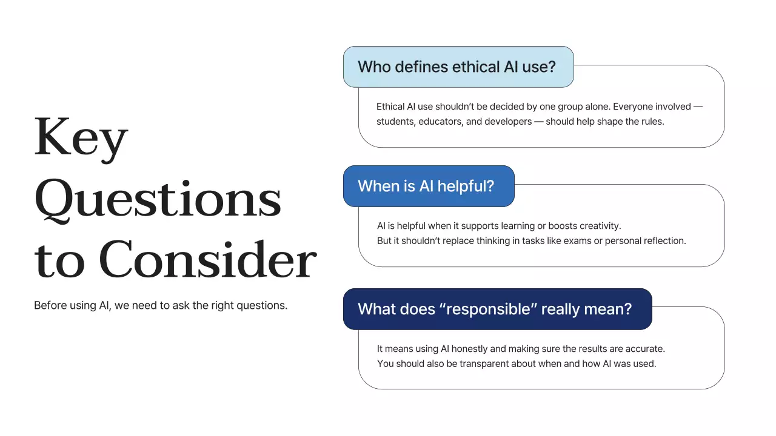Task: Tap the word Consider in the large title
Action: pyautogui.click(x=207, y=260)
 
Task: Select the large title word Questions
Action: pyautogui.click(x=158, y=199)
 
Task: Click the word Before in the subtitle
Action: pyautogui.click(x=50, y=305)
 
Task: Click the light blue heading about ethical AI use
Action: pyautogui.click(x=457, y=67)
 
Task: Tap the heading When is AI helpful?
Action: pyautogui.click(x=426, y=186)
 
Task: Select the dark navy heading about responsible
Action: pyautogui.click(x=495, y=309)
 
